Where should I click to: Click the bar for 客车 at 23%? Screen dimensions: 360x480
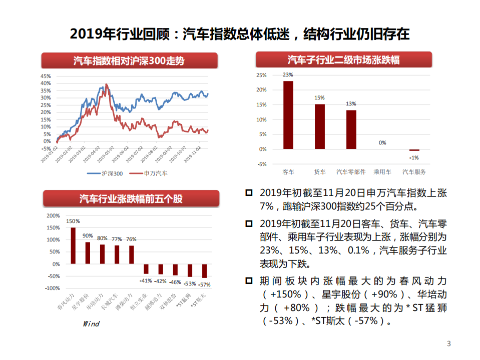[288, 115]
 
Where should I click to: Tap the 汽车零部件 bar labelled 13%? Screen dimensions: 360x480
[351, 129]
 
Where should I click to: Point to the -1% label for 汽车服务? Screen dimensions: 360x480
[414, 157]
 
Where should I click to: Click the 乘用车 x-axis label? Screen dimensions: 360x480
[382, 171]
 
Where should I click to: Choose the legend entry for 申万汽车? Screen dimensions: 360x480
[149, 173]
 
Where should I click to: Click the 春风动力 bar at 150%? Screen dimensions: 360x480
[73, 245]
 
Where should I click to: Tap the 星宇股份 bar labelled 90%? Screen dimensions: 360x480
[88, 253]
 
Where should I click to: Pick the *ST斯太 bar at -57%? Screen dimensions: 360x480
[204, 270]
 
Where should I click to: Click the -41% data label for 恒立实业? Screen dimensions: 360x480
[146, 280]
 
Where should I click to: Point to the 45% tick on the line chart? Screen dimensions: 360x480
[46, 76]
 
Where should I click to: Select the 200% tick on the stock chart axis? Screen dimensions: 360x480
[53, 216]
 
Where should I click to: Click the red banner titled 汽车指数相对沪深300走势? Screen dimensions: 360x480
[129, 61]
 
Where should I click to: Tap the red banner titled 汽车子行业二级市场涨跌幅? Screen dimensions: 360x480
[343, 60]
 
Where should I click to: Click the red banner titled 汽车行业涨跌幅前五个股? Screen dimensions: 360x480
[131, 198]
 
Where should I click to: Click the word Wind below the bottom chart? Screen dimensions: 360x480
[91, 323]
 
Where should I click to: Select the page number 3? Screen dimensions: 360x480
[448, 343]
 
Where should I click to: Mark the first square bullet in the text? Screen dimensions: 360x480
[249, 192]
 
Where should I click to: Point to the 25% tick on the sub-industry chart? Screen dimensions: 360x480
[261, 75]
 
